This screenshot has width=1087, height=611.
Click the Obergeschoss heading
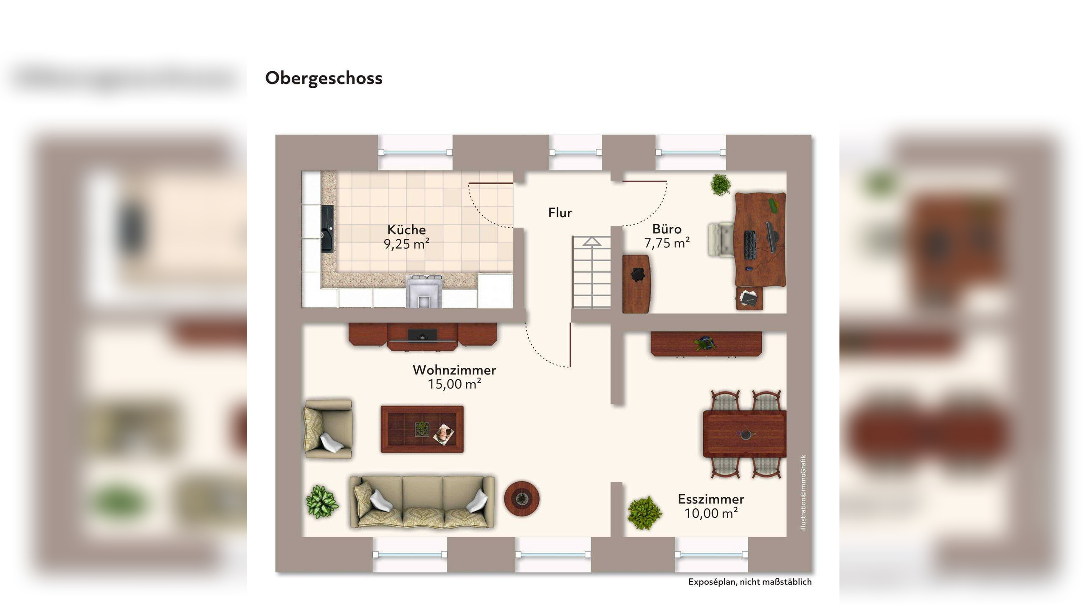point(324,78)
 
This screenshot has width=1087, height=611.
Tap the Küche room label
point(406,230)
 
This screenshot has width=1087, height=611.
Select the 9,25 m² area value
point(406,244)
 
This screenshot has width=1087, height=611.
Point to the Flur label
point(560,213)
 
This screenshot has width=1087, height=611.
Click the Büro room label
point(667,229)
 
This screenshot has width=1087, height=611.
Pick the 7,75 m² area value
point(667,243)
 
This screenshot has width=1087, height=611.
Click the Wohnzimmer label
point(454,370)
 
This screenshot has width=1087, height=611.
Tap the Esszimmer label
point(711,499)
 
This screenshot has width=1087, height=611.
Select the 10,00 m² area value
point(711,513)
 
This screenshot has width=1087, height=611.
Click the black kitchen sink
point(327,229)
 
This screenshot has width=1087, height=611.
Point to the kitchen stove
point(424,291)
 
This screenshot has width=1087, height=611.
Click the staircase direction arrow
point(591,241)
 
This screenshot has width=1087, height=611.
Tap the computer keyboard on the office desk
point(750,245)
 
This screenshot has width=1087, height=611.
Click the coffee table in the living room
point(422,429)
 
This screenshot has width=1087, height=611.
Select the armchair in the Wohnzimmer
point(328,429)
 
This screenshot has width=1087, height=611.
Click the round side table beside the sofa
point(522,499)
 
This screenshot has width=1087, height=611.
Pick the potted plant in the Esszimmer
point(645,513)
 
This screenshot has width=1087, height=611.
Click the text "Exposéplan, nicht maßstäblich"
point(749,582)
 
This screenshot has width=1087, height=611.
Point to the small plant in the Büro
point(721,185)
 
